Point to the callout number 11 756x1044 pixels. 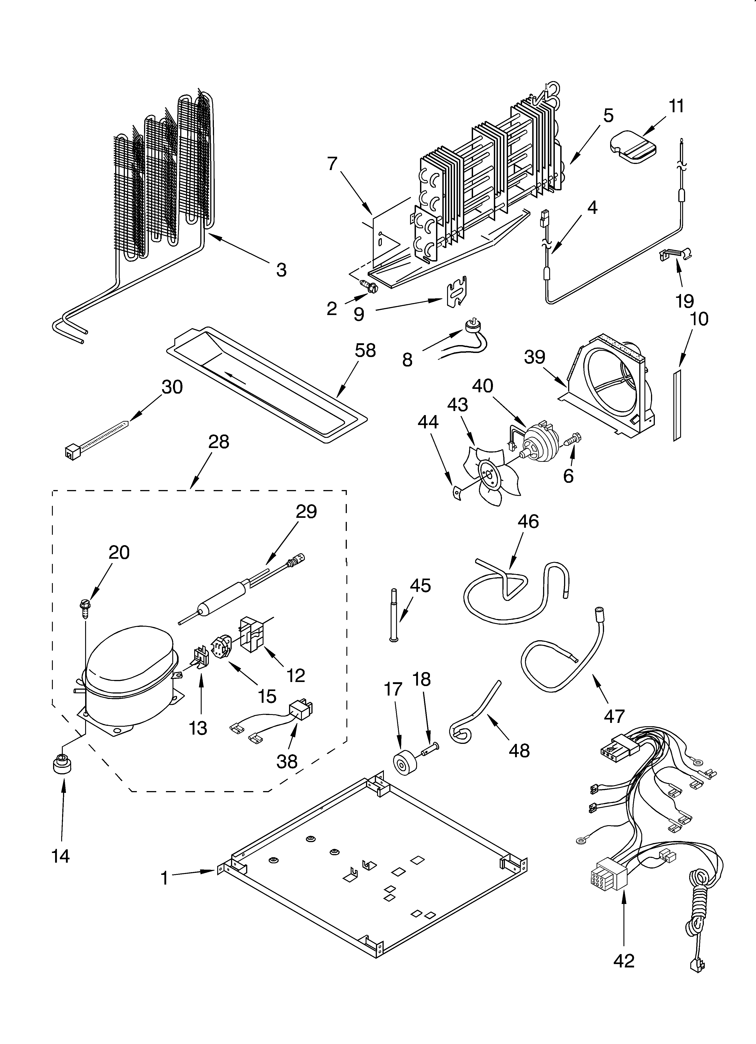[x=676, y=106]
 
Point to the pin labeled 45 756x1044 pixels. [x=394, y=614]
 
